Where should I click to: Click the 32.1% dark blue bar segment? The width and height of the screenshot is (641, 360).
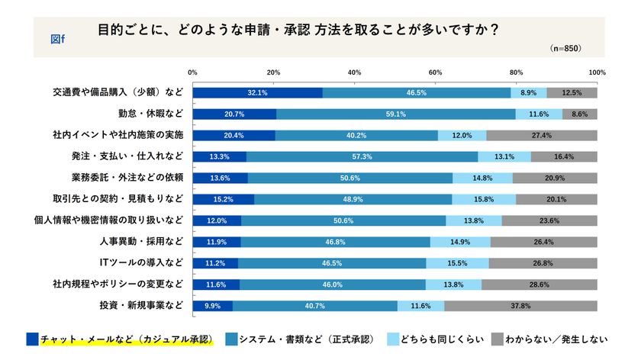[x=257, y=92]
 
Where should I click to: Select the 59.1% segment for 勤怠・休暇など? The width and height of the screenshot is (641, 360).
[x=396, y=114]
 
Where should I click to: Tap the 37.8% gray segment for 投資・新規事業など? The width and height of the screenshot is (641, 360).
[x=520, y=306]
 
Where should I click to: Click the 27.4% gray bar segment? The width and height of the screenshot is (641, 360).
[x=541, y=135]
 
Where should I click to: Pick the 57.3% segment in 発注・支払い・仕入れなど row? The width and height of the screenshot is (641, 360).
[x=362, y=156]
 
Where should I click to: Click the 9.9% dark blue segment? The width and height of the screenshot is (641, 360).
[x=213, y=306]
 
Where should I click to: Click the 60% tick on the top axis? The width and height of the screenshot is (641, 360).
[x=436, y=72]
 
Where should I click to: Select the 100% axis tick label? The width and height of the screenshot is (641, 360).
[x=597, y=72]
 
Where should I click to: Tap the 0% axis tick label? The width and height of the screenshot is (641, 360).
[x=192, y=72]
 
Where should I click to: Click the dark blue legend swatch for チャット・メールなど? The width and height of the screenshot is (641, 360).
[x=32, y=338]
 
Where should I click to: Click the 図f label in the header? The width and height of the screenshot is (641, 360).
[x=58, y=38]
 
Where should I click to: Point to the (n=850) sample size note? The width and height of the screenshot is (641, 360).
[x=565, y=47]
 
